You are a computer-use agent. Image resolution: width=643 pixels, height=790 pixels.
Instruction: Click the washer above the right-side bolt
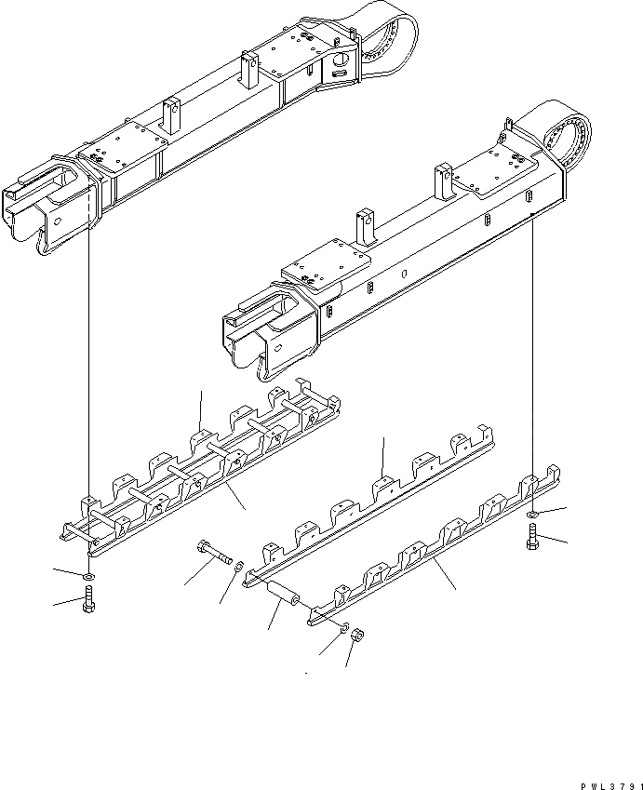click(x=530, y=514)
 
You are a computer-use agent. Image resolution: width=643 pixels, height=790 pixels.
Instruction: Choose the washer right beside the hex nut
click(x=344, y=628)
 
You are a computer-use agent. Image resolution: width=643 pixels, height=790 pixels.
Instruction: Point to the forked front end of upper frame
click(x=47, y=209)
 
